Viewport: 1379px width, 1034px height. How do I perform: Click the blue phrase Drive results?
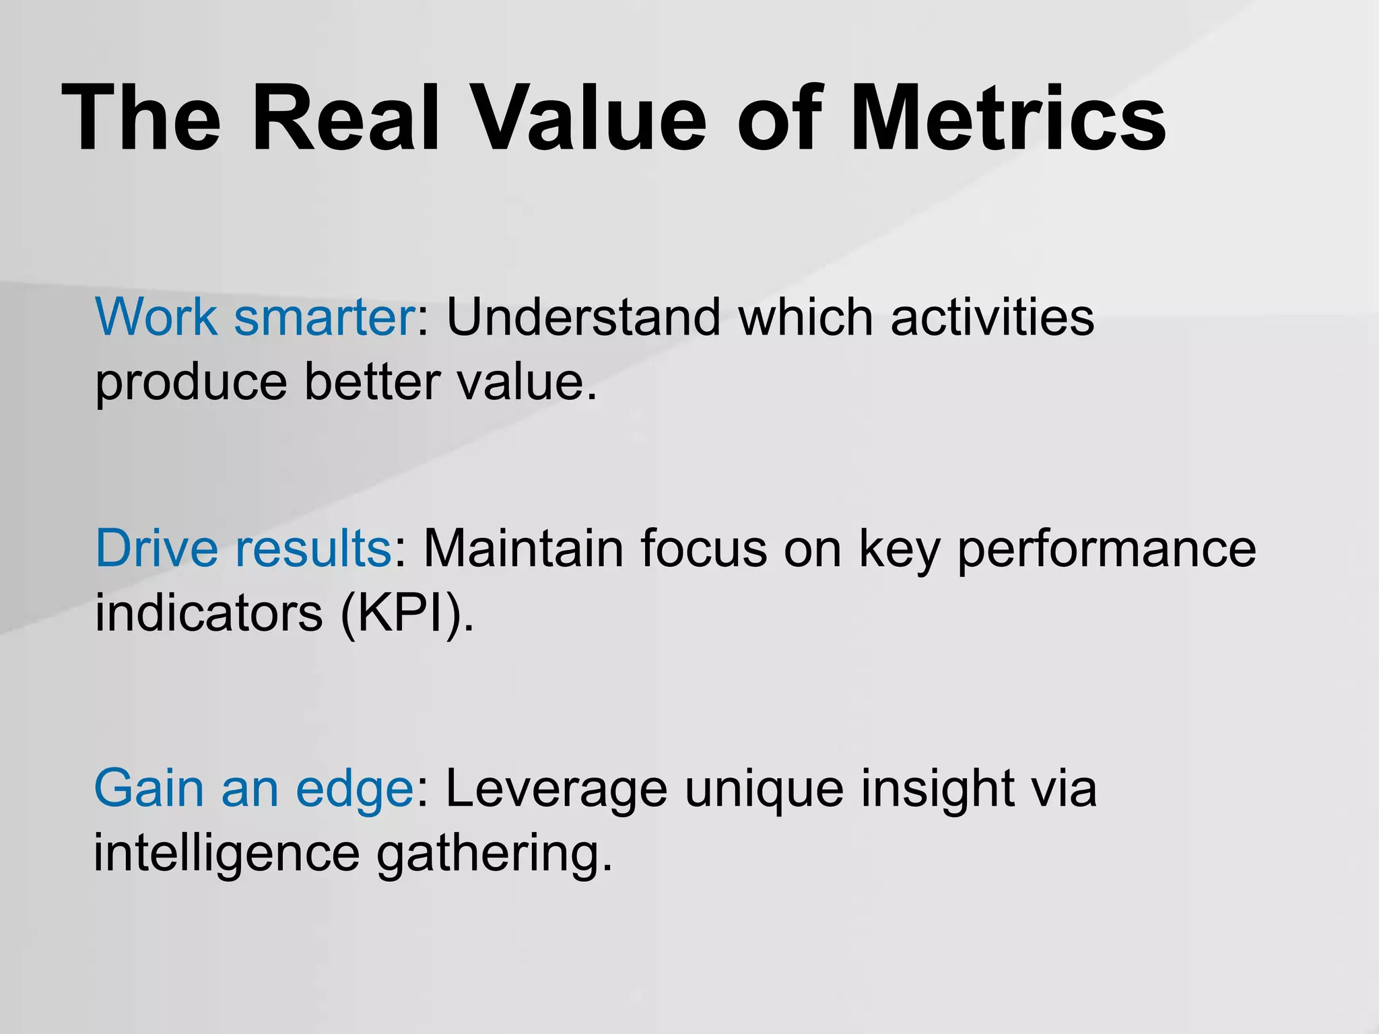click(243, 548)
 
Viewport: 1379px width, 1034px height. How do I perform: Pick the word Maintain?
click(523, 548)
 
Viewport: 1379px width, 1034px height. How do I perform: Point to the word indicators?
click(209, 613)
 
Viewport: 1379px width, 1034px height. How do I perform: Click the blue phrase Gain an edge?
click(254, 789)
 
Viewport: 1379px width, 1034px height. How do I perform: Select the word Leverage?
click(556, 789)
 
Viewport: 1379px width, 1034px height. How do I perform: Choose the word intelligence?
click(227, 854)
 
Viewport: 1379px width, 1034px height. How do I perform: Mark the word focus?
click(704, 548)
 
